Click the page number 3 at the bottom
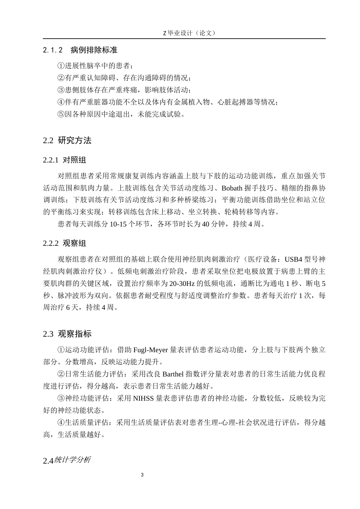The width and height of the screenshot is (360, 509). [142, 475]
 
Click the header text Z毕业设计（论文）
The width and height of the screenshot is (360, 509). [189, 33]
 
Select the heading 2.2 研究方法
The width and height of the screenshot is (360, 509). [67, 141]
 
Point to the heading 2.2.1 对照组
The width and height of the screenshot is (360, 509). [64, 160]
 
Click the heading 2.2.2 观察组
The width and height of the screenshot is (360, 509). [64, 243]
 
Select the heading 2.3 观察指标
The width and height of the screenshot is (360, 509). [67, 334]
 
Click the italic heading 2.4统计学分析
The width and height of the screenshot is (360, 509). [67, 461]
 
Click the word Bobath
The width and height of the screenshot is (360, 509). [232, 188]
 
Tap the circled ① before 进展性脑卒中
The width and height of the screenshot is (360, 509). [61, 66]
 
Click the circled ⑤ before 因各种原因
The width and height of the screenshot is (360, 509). [61, 114]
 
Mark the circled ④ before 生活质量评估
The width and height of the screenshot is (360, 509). [61, 423]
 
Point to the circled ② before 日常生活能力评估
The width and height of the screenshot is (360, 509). [61, 374]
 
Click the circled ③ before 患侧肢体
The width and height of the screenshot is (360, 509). [61, 90]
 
